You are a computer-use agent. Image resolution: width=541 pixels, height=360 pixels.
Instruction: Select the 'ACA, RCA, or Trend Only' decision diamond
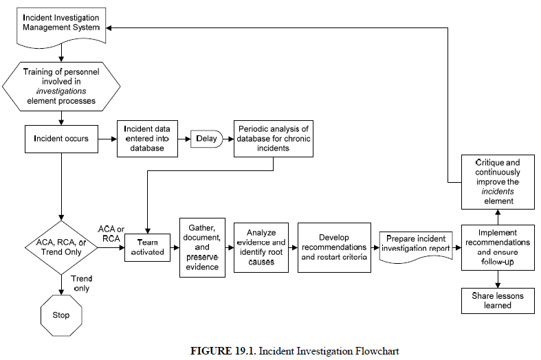point(62,247)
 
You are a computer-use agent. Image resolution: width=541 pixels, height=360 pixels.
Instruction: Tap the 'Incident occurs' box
point(61,139)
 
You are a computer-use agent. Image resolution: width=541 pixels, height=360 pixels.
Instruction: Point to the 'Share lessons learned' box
point(498,300)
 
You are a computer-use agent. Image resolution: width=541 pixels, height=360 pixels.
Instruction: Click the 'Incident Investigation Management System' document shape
point(62,23)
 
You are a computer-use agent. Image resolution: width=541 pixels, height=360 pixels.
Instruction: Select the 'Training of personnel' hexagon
point(62,86)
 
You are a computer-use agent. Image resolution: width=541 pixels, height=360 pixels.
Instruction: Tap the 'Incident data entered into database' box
point(148,139)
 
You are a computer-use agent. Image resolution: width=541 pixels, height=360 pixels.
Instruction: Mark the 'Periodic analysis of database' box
point(274,139)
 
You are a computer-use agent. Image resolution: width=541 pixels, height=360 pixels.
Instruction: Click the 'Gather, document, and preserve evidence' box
point(202,247)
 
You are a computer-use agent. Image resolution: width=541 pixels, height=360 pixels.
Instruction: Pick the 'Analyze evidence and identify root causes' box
point(260,247)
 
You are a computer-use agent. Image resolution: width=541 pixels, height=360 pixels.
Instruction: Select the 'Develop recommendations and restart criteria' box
point(334,247)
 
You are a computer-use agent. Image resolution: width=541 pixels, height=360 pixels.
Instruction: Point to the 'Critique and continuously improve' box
point(498,181)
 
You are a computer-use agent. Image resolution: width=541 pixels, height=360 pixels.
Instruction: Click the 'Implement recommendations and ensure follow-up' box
point(498,247)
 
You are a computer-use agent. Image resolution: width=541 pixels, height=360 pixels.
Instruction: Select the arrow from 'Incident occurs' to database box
point(107,139)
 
